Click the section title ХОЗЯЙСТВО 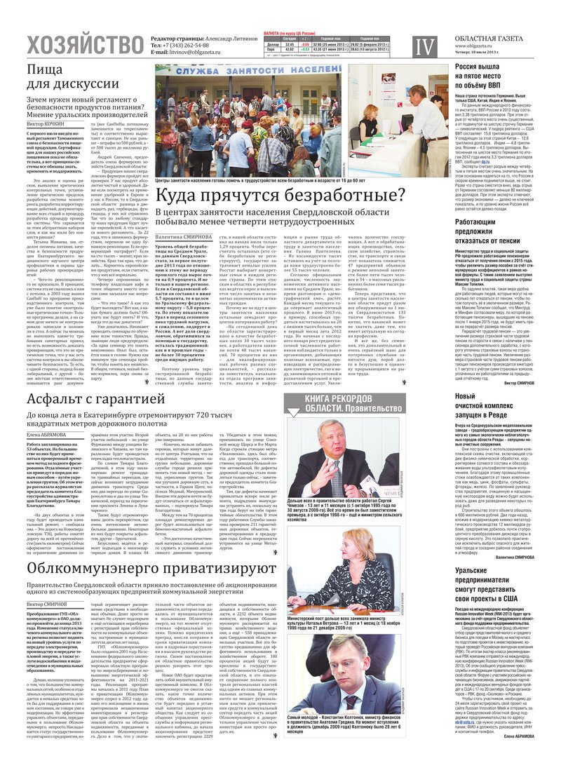click(84, 46)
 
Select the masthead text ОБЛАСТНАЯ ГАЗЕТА click(488, 38)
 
